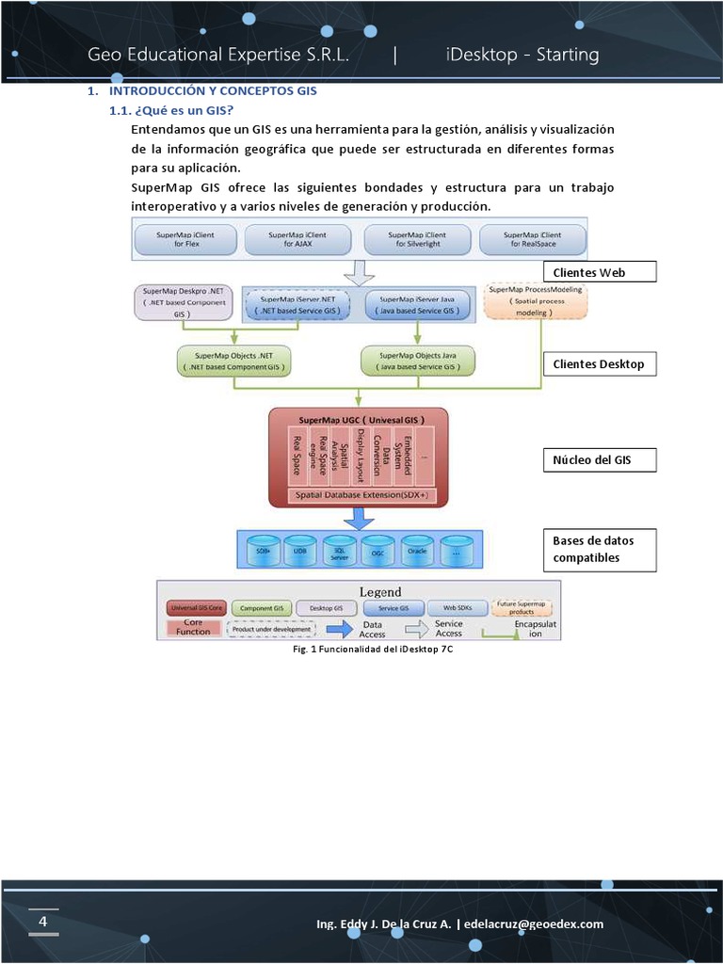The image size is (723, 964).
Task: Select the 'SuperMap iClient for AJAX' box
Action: (x=297, y=239)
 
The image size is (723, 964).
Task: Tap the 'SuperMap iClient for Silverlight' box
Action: (x=417, y=239)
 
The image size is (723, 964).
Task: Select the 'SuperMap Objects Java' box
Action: (x=418, y=361)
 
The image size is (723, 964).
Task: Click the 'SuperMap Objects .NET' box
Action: (x=233, y=361)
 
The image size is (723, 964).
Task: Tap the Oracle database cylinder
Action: (x=416, y=551)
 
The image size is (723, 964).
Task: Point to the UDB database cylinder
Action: (x=299, y=551)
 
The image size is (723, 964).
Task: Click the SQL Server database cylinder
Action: (x=339, y=551)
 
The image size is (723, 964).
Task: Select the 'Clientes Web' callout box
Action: (x=599, y=273)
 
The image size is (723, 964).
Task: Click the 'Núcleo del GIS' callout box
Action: (x=599, y=460)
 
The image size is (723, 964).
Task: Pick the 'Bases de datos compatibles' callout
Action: (x=599, y=550)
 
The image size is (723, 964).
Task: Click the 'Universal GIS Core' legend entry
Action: (x=196, y=609)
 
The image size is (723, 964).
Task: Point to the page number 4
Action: (x=42, y=921)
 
